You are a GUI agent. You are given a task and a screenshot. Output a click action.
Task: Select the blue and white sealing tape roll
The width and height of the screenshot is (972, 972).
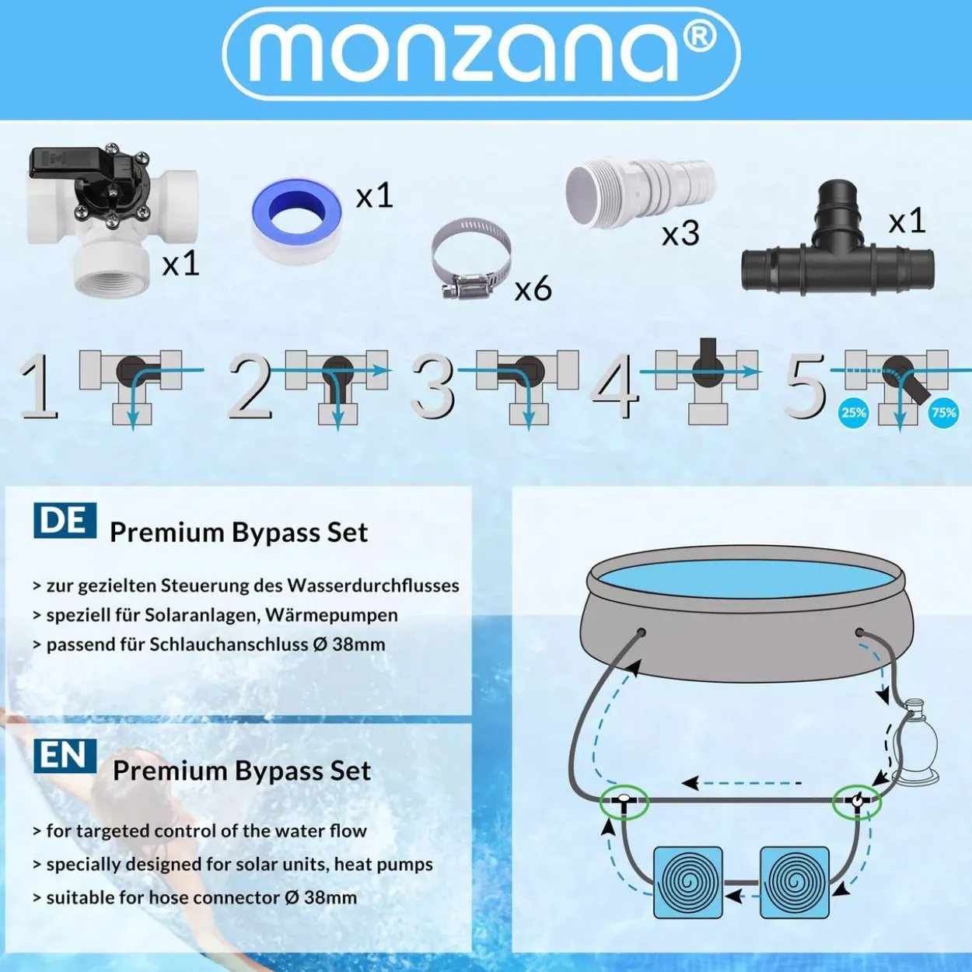[296, 219]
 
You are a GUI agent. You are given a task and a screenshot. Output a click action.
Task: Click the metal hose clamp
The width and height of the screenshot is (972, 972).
[470, 257]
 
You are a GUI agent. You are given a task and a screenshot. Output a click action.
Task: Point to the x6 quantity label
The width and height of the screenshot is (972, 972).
[533, 289]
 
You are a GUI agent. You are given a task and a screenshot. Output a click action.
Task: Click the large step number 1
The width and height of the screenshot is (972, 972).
[39, 386]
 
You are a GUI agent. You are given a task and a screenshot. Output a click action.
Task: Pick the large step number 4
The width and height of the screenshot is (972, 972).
[614, 386]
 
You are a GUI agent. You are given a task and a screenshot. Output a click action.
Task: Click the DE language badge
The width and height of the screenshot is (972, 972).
[65, 520]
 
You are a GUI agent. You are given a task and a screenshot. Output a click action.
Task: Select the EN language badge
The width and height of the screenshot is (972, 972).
[65, 756]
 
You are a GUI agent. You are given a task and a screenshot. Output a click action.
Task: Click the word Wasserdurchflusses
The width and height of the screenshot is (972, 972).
[373, 586]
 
